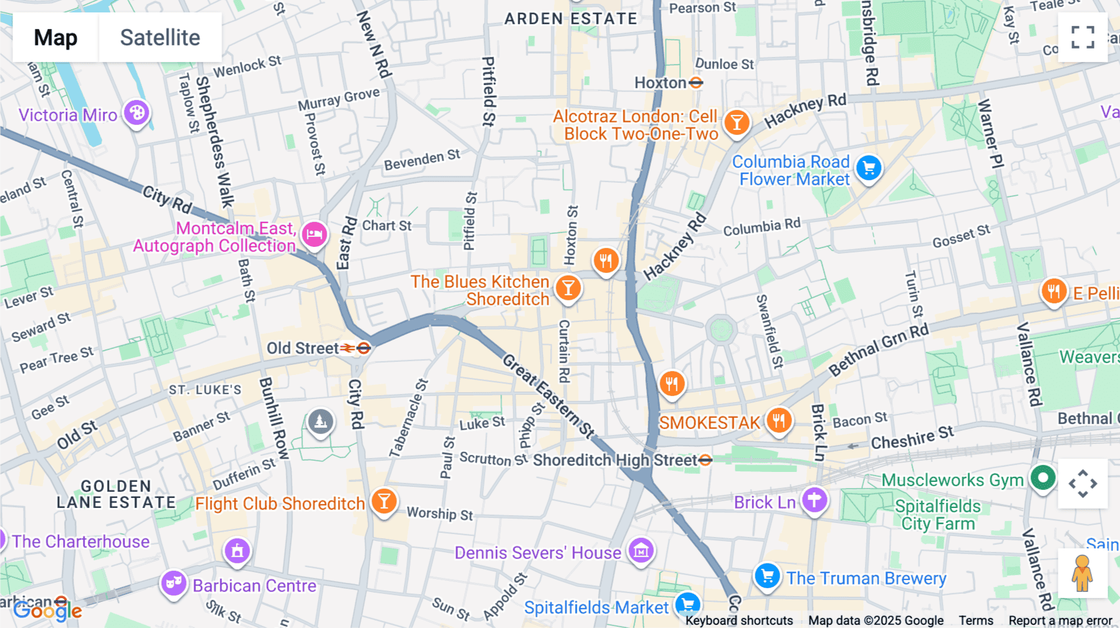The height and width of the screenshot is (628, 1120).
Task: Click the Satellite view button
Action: (160, 37)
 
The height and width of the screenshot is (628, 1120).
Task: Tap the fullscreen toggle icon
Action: (1083, 37)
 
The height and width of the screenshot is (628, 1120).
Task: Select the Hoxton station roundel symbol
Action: (696, 83)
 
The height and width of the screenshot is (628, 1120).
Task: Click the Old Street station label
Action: (302, 348)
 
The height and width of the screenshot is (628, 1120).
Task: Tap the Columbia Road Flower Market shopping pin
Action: (869, 168)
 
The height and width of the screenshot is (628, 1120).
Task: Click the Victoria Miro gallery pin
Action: (137, 113)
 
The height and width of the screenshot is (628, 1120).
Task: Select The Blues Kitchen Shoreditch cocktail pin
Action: (567, 289)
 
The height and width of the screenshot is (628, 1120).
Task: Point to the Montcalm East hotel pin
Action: (314, 235)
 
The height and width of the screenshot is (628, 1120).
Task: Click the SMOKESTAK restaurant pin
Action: (778, 420)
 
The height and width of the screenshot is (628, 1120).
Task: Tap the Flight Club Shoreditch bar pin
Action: (384, 501)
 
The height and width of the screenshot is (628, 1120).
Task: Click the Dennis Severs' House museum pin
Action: (641, 550)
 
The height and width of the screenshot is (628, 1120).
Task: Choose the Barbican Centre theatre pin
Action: (174, 583)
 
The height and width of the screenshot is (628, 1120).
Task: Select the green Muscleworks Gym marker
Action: (1043, 478)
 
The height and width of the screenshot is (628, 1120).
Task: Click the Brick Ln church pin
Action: (814, 499)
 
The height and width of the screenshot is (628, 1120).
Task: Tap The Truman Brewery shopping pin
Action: (767, 576)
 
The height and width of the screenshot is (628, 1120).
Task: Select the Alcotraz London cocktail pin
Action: (737, 122)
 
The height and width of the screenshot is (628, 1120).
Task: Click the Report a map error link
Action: (1060, 621)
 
